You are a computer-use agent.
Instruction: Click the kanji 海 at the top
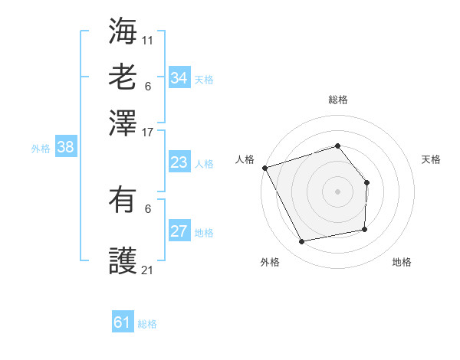[123, 31]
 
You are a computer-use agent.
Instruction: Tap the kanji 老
[123, 77]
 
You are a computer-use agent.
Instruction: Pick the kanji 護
[123, 260]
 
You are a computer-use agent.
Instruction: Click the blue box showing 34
[179, 78]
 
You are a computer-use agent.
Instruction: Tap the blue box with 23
[179, 162]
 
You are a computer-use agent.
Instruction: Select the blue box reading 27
[179, 231]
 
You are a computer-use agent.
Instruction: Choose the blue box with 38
[65, 148]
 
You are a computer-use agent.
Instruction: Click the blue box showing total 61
[123, 322]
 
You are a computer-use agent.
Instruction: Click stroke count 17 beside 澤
[148, 133]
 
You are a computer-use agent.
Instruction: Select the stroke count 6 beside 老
[148, 87]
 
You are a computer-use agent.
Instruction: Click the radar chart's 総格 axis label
[337, 100]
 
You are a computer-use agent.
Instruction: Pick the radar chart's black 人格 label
[245, 159]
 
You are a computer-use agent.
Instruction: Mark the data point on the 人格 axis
[264, 168]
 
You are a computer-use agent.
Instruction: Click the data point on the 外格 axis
[303, 242]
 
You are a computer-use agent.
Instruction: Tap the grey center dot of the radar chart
[337, 191]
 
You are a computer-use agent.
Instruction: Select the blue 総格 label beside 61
[147, 324]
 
